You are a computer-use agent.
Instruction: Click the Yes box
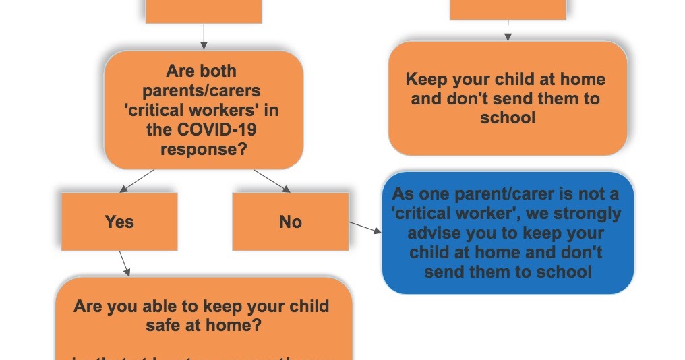coord(119,222)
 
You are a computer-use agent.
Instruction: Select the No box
coord(291,222)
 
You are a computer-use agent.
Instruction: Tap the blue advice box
coord(508,233)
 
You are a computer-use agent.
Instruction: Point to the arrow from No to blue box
coord(365,227)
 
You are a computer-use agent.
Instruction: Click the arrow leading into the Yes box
coord(136,180)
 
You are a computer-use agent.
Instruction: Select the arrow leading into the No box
coord(272,180)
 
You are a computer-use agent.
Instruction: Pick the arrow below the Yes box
coord(124,264)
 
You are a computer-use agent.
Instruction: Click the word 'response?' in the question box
coord(203,149)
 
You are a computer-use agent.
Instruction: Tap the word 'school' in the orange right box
coord(508,118)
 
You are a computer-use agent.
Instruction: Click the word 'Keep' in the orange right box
coord(428,80)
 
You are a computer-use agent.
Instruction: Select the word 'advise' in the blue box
coord(435,233)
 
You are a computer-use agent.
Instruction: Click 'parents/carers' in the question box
coord(202,90)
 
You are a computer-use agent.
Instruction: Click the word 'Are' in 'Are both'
coord(179,71)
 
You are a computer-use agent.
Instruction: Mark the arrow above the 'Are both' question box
coord(203,36)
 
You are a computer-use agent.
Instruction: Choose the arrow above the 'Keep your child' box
coord(508,30)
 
